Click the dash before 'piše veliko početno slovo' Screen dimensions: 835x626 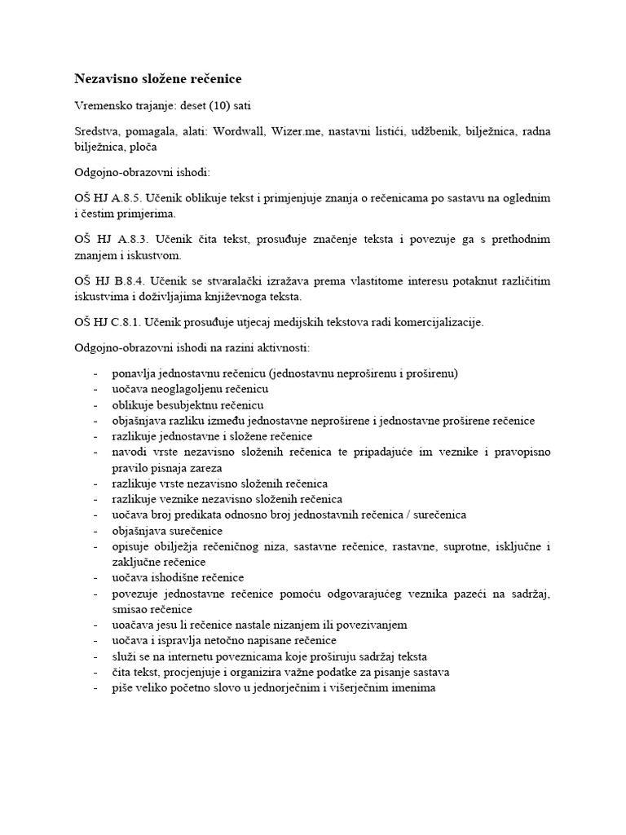point(96,687)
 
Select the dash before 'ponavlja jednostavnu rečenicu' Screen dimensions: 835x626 point(96,373)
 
